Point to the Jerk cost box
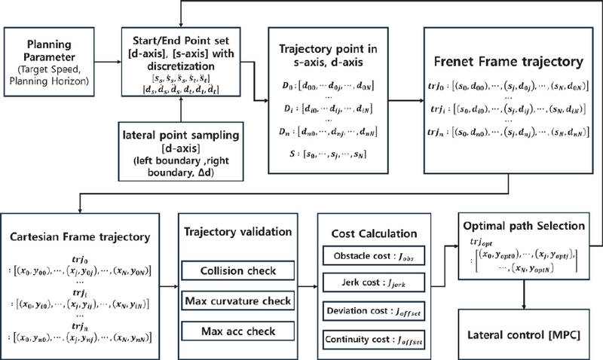tap(369, 285)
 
